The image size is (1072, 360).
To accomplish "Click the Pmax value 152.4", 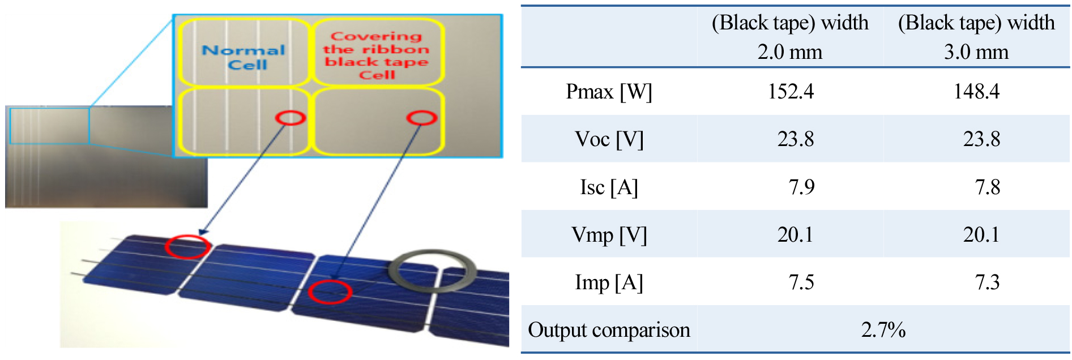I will click(790, 91).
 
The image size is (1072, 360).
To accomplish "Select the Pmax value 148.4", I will click(976, 91).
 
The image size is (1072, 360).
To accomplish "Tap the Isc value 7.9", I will click(801, 187).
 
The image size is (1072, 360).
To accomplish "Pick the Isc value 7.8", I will click(987, 187).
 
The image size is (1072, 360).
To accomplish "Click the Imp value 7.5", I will click(801, 282).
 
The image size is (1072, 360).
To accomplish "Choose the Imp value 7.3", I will click(987, 282).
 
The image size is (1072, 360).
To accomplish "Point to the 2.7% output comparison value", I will click(883, 329).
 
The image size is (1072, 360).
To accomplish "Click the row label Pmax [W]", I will click(609, 91).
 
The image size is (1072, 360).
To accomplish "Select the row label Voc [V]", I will click(609, 139).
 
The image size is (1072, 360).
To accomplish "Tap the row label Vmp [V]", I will click(609, 234).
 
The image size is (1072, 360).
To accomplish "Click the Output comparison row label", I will click(609, 329).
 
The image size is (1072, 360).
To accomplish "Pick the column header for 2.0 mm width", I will click(790, 37).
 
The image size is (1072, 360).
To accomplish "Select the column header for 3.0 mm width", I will click(976, 37).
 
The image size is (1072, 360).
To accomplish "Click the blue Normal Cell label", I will click(244, 57).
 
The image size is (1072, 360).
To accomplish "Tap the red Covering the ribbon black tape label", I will click(376, 55).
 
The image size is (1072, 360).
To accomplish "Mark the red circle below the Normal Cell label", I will click(291, 118).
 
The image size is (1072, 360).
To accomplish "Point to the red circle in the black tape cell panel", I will click(421, 118).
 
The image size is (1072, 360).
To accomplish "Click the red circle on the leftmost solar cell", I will click(187, 247).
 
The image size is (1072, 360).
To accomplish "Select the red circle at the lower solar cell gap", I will click(330, 292).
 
